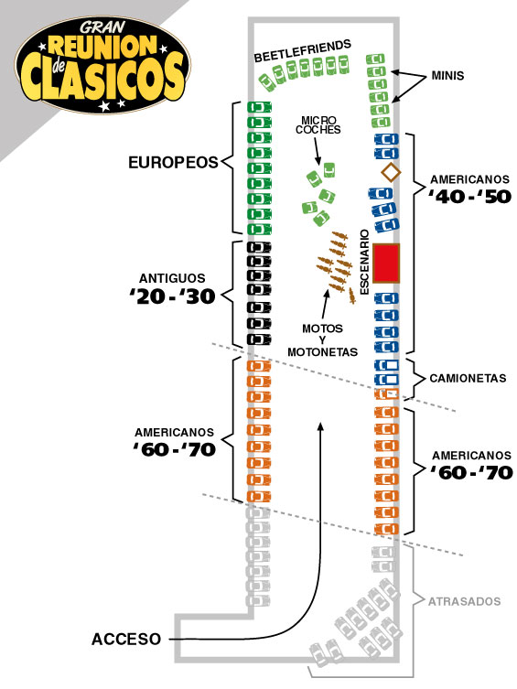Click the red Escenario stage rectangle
tap(386, 264)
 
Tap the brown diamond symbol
tap(391, 172)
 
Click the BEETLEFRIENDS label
tap(303, 51)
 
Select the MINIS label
tap(447, 76)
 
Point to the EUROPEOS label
tap(173, 163)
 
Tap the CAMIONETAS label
tap(468, 378)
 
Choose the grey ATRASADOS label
tap(464, 601)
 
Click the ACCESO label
tap(126, 639)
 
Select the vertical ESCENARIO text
tap(364, 263)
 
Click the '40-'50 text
tap(470, 197)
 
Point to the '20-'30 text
tap(172, 296)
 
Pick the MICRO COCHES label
tap(318, 125)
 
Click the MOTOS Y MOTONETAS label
tap(322, 340)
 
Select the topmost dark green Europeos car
tap(259, 107)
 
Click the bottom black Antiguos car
tap(259, 339)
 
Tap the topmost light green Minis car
tap(375, 59)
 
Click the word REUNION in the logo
tap(102, 45)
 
